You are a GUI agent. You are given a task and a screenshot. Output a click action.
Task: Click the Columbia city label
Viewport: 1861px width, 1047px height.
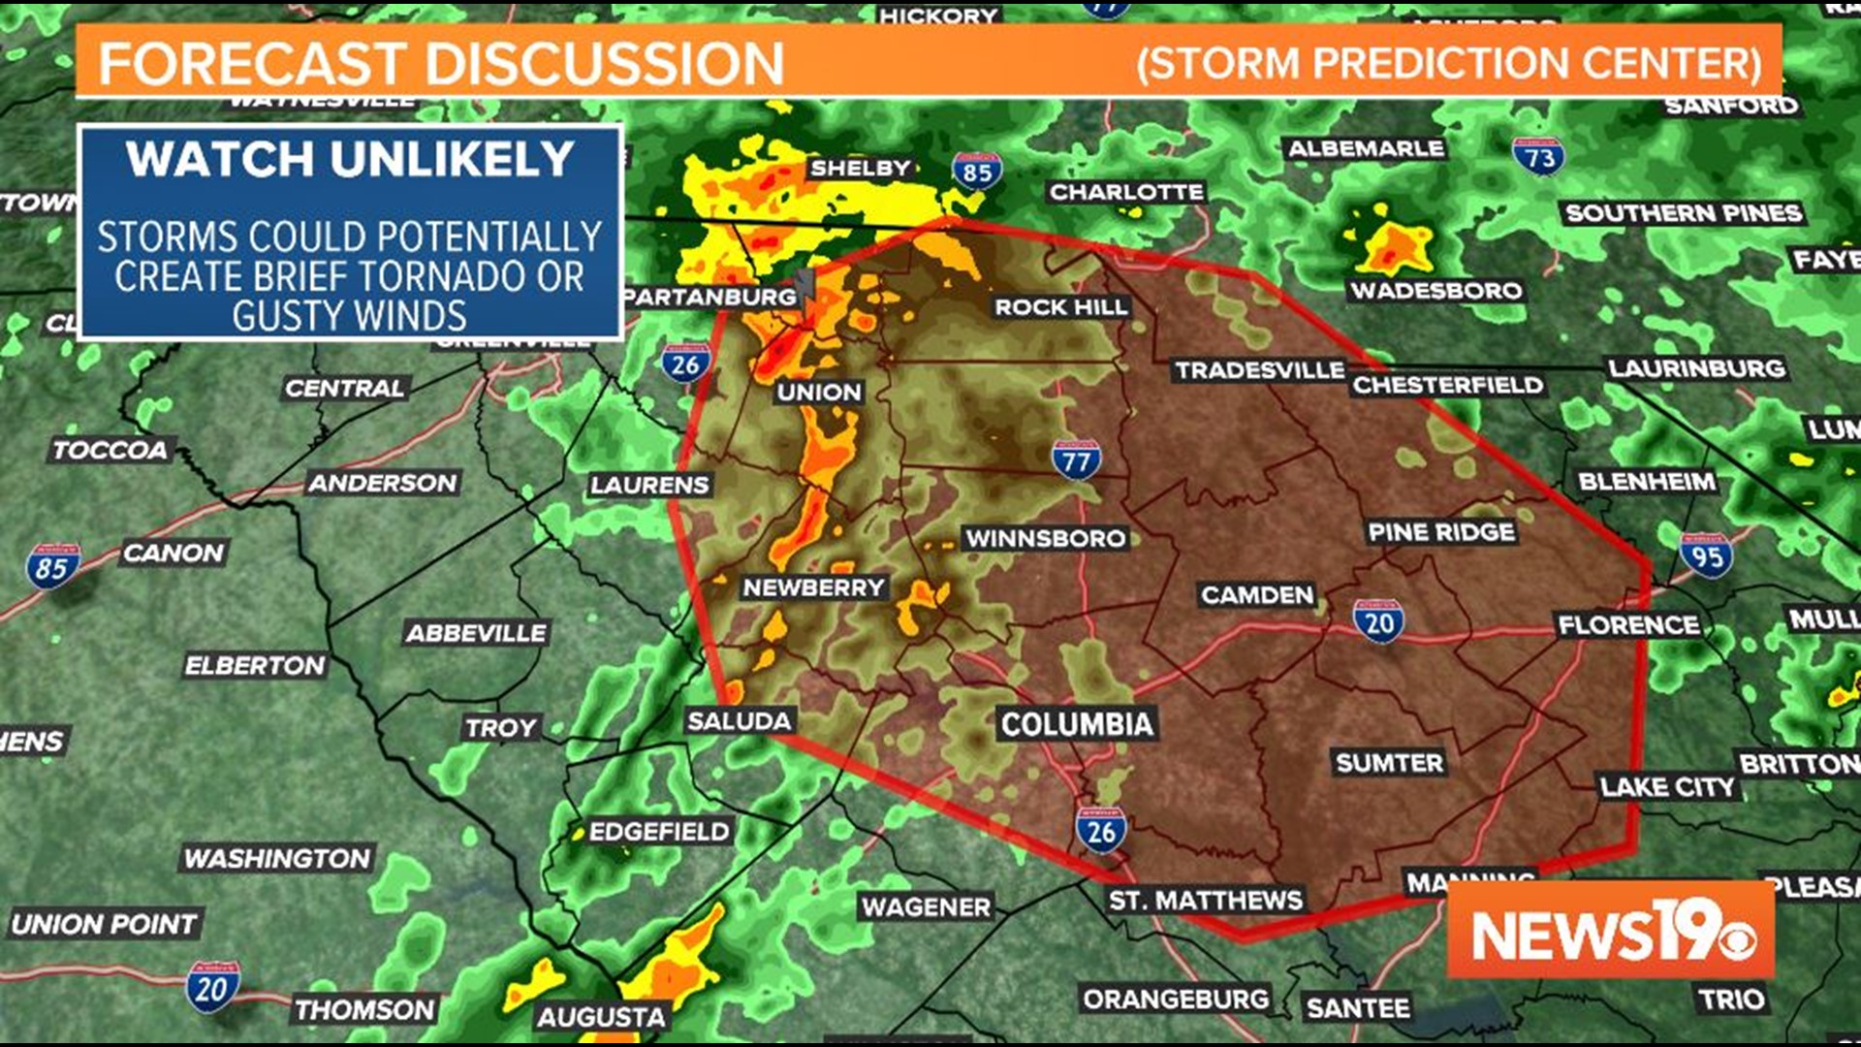coord(1077,724)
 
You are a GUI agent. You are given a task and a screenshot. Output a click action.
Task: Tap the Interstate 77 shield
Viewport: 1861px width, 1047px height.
coord(1076,460)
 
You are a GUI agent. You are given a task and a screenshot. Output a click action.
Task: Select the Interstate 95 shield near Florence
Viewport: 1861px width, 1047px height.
coord(1707,555)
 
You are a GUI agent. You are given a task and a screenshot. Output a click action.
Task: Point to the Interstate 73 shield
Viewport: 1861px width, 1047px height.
coord(1538,156)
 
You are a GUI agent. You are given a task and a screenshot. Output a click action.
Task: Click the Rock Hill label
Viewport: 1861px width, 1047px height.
coord(1060,307)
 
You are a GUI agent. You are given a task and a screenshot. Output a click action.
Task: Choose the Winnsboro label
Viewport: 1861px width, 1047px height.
coord(1045,539)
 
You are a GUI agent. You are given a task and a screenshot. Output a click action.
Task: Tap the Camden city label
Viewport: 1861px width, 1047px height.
coord(1257,595)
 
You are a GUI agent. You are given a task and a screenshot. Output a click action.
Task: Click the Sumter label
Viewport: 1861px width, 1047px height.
coord(1389,763)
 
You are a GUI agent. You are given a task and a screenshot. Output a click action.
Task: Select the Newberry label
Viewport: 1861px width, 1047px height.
coord(813,587)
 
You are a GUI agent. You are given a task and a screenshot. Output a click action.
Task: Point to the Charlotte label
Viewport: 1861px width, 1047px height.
coord(1126,192)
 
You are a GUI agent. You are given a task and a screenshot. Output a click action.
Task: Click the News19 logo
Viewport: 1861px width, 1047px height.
coord(1610,931)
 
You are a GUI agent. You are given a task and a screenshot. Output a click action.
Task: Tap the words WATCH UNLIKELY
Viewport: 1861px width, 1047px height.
coord(350,160)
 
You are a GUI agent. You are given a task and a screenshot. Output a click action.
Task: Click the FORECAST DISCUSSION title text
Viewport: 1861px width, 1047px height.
coord(441,64)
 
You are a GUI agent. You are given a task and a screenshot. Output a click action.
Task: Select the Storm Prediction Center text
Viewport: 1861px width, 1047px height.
coord(1449,64)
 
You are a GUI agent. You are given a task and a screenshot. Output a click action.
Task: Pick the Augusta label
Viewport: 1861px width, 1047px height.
coord(601,1017)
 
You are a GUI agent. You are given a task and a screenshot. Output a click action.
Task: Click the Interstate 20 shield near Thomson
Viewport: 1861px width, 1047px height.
coord(212,988)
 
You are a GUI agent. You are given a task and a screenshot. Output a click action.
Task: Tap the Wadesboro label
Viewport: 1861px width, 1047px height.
coord(1436,290)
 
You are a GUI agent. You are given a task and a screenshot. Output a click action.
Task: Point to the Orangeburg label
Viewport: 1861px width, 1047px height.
coord(1176,999)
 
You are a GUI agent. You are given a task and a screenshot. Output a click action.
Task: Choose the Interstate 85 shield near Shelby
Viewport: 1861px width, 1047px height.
coord(976,172)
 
